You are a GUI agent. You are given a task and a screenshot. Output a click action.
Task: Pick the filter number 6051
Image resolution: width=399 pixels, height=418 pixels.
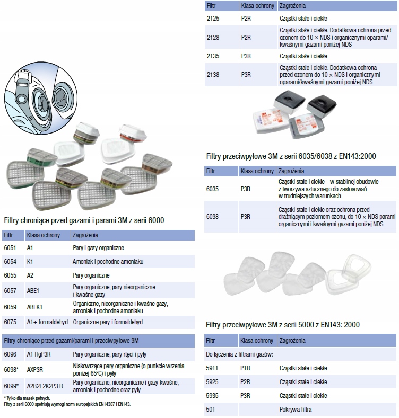pos(11,247)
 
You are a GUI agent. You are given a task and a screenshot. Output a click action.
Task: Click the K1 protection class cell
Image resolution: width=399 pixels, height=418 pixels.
pos(30,262)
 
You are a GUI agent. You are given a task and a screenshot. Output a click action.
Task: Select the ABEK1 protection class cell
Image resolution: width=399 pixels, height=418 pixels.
pos(35,307)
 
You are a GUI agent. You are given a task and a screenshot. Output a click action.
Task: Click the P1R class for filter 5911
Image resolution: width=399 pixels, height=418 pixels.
pos(245,368)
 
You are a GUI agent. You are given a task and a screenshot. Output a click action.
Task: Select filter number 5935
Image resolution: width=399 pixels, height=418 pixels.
pos(212,396)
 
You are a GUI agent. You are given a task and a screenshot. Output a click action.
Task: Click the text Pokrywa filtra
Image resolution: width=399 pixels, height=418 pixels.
pos(296,410)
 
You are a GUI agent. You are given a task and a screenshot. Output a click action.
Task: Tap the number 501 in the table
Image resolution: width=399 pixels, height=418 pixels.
pos(210,410)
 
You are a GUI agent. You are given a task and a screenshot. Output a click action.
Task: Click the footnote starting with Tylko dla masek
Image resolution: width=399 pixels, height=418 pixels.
pos(27,398)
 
